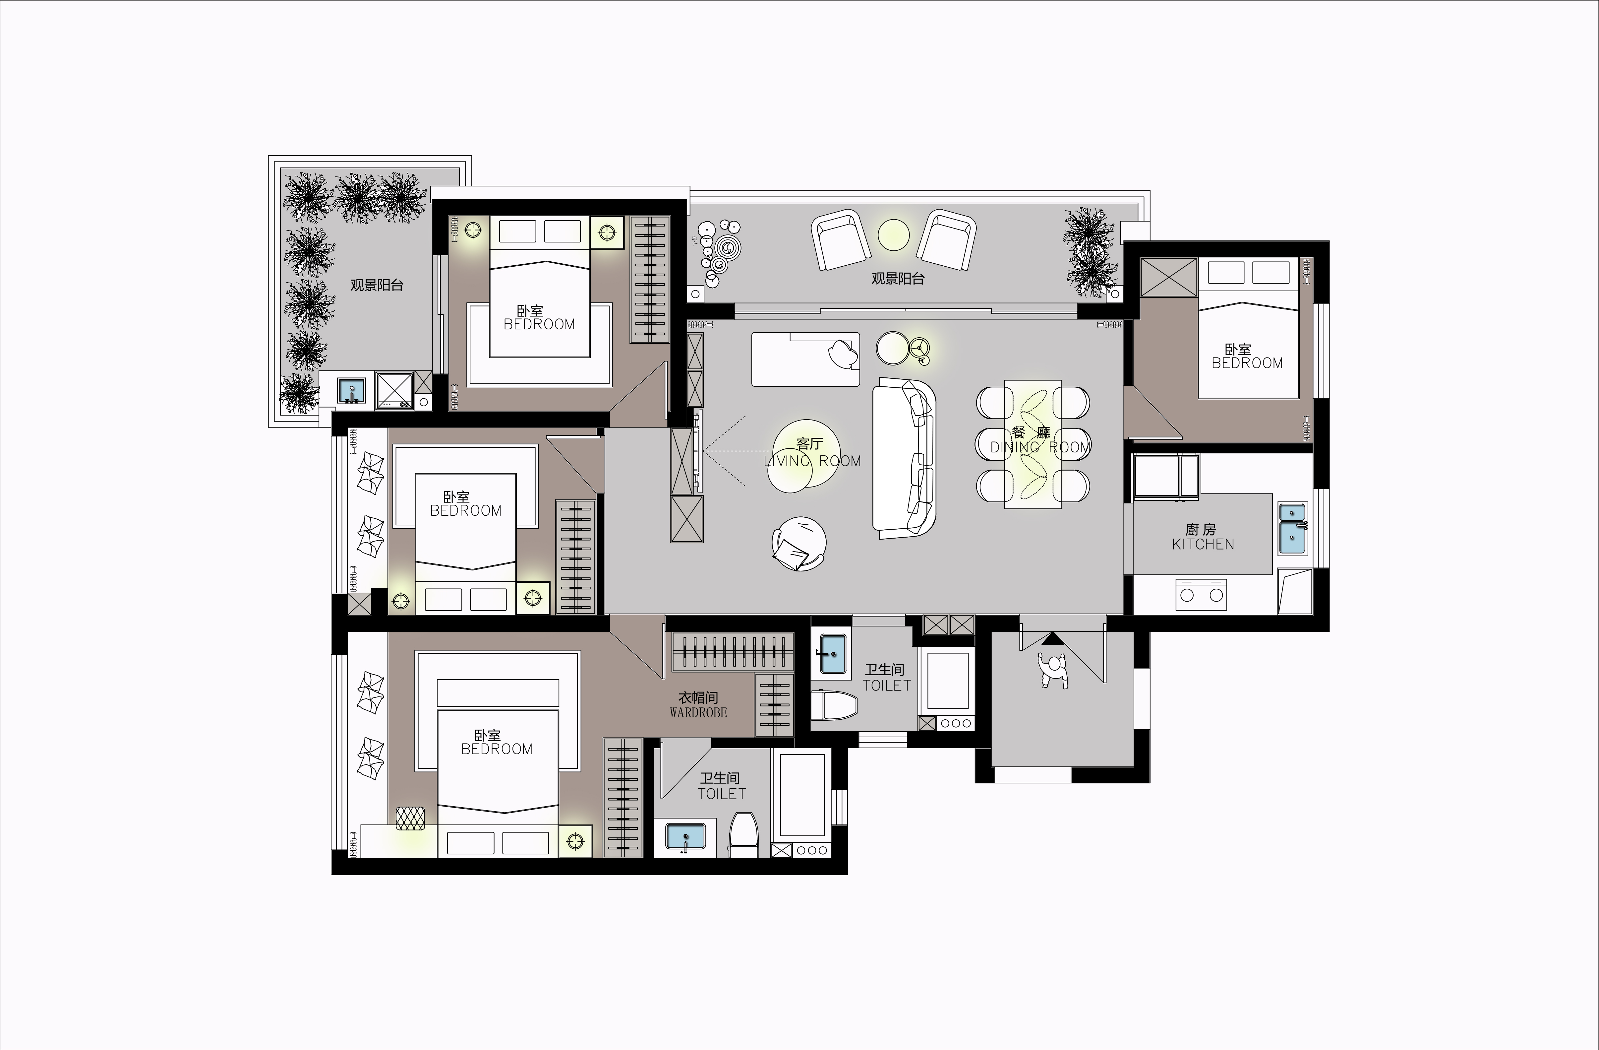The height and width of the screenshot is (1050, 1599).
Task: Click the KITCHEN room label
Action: [1203, 545]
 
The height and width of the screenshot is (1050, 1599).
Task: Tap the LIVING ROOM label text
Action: [812, 461]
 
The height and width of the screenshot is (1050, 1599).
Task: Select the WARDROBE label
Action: [698, 713]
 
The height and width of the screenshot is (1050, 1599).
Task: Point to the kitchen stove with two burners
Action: [1201, 594]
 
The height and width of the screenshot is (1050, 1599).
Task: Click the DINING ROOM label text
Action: [1040, 447]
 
